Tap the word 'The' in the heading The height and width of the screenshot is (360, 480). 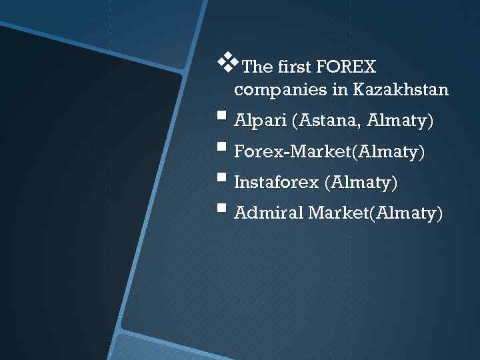pyautogui.click(x=258, y=67)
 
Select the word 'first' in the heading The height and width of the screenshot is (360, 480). pyautogui.click(x=293, y=67)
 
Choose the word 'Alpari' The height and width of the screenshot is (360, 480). pyautogui.click(x=261, y=122)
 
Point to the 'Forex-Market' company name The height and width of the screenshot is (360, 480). pyautogui.click(x=293, y=153)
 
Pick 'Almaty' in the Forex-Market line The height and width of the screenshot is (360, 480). pyautogui.click(x=390, y=153)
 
